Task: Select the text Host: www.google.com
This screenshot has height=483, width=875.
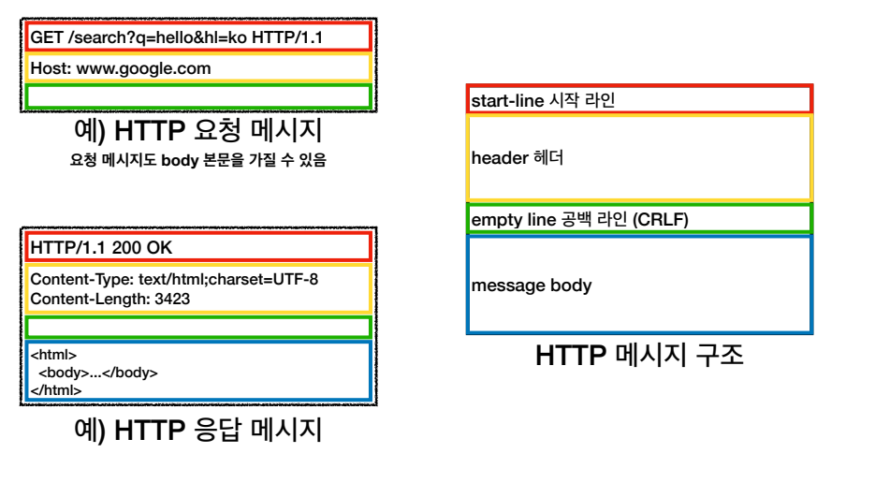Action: (121, 68)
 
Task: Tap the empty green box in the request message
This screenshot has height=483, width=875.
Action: (198, 96)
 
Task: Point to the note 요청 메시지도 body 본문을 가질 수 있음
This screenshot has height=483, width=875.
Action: (197, 160)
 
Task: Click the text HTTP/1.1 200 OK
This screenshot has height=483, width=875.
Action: (101, 248)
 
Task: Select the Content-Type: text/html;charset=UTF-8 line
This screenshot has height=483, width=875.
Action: (174, 280)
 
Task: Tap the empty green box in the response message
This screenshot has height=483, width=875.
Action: (198, 328)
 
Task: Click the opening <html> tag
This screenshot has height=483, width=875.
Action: (53, 356)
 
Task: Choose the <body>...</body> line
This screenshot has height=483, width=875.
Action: (97, 373)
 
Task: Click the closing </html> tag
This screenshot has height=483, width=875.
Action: (55, 389)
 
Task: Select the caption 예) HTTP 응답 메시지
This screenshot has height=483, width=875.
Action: (197, 430)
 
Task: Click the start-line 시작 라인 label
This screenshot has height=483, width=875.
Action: (543, 100)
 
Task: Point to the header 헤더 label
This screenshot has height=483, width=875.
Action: (517, 158)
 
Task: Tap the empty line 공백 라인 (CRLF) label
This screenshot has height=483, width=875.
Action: (579, 220)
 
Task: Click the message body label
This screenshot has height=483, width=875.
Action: (532, 285)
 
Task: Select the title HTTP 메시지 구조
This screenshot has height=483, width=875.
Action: (639, 356)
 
